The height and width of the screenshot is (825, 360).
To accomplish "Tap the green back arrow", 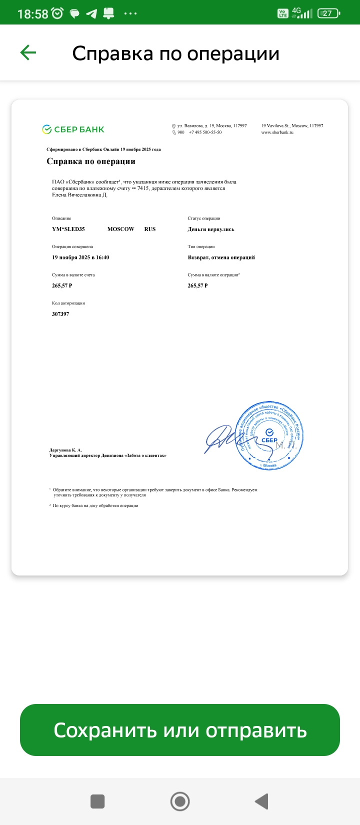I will point(28,52).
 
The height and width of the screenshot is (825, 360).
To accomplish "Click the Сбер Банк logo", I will point(73,129).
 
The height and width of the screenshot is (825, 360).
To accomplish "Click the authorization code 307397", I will point(60,314).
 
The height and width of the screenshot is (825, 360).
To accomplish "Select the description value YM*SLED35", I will point(68,229).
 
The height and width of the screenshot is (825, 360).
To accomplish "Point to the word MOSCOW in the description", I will point(121,229).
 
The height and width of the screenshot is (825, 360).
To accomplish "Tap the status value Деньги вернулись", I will point(211,229).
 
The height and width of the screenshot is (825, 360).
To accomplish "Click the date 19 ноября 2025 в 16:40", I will point(80,257).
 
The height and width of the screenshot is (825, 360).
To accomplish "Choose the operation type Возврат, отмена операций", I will point(221,257).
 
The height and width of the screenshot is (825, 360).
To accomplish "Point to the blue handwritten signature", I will point(219,438).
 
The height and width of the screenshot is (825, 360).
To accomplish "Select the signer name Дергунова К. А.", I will point(65,450).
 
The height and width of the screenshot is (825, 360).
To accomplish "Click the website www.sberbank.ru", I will point(277,132).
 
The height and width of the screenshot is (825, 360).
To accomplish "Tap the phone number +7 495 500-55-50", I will point(205,132).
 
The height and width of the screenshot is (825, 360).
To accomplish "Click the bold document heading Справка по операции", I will point(91,161).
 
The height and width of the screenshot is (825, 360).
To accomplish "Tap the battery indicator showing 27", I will point(328,13).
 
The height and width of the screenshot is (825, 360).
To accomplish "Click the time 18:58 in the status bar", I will point(32,14).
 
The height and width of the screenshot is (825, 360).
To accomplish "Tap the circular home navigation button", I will point(180,801).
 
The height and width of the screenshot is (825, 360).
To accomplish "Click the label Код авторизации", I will point(68,303).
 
